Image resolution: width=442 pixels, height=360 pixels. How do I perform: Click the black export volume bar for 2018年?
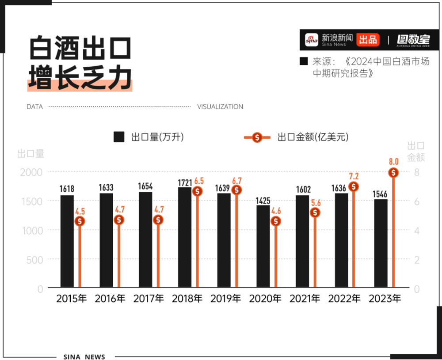[x=185, y=237]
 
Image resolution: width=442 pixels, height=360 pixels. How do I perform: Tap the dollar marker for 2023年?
[x=394, y=173]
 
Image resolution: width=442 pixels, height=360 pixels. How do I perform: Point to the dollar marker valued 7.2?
[x=354, y=187]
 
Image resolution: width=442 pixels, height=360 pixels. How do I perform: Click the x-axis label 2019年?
[x=225, y=299]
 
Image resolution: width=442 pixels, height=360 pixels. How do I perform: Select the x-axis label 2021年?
[x=305, y=299]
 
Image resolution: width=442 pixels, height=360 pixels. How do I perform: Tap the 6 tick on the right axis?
[x=417, y=201]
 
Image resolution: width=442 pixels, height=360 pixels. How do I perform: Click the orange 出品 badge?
[x=368, y=40]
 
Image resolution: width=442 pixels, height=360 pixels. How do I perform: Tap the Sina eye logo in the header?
[x=312, y=40]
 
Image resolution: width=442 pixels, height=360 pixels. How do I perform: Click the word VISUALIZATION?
[x=220, y=107]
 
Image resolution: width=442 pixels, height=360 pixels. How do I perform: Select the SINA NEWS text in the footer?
[x=84, y=356]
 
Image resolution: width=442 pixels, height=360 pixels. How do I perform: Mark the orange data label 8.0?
[x=394, y=162]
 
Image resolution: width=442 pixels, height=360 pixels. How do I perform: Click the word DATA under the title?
[x=34, y=107]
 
